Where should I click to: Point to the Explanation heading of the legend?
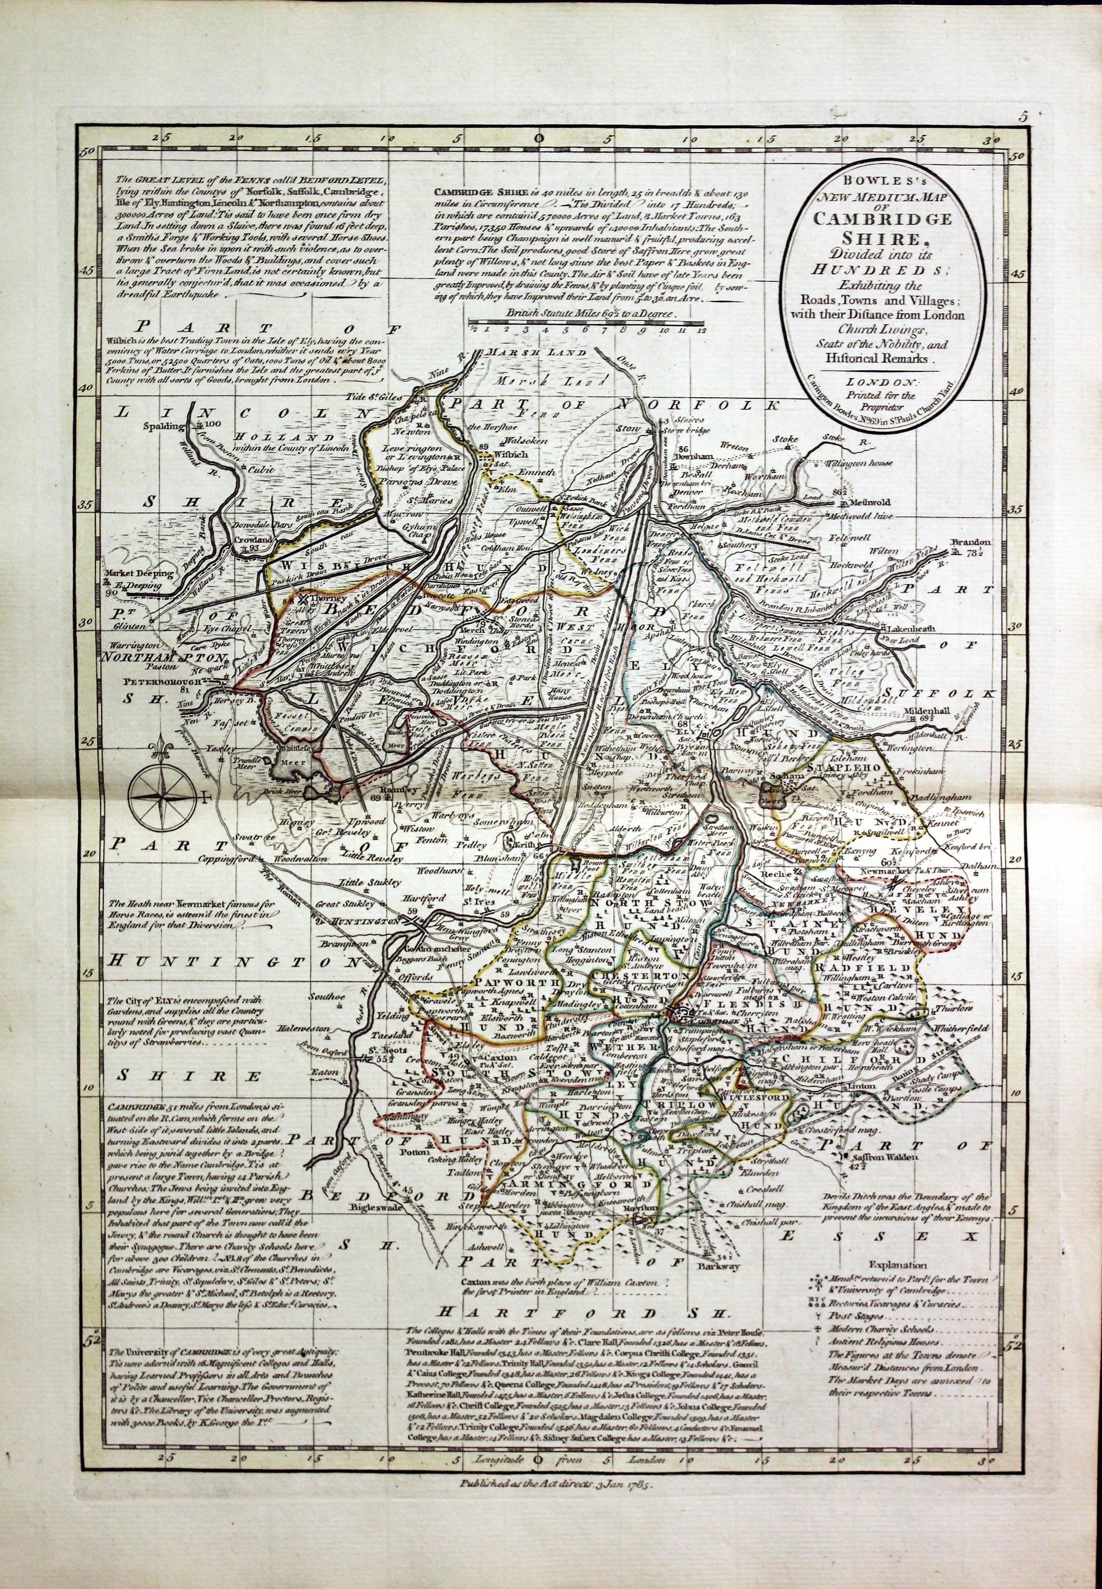tap(898, 1265)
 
